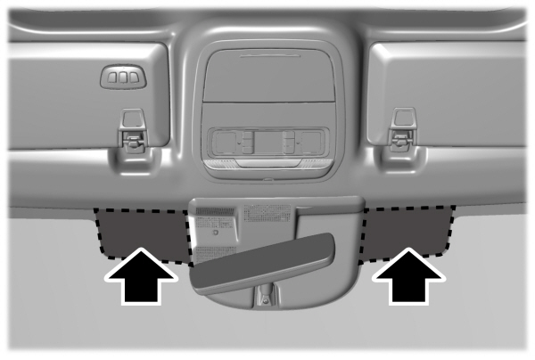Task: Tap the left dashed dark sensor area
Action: click(x=143, y=230)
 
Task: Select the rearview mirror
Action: click(x=264, y=262)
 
